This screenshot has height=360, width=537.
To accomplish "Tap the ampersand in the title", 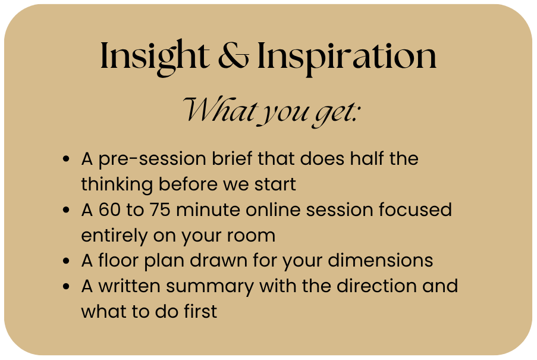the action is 234,55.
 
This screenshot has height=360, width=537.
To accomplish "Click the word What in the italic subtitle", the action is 220,109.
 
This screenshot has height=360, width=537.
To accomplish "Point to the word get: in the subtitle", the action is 336,112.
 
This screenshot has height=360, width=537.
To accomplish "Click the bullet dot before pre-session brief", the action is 66,159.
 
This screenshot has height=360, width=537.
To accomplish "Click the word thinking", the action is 117,185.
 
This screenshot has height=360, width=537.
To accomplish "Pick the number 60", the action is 109,209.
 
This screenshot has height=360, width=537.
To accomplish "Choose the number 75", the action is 160,209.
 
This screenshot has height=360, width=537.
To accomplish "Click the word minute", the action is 208,209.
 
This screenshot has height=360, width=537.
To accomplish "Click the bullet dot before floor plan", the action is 66,261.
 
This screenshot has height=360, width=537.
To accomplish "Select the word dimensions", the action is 381,260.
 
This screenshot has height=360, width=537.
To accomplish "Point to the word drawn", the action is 218,260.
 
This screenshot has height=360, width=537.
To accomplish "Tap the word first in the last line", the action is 200,311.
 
